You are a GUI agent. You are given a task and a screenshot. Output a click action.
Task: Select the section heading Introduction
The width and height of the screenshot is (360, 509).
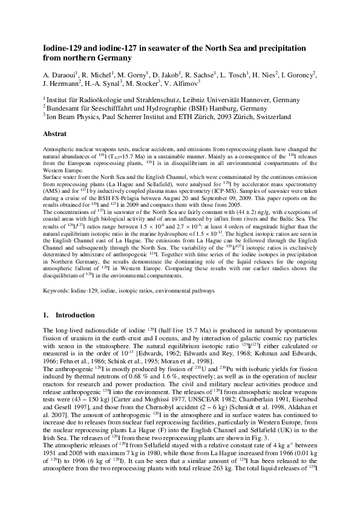[75, 316]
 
